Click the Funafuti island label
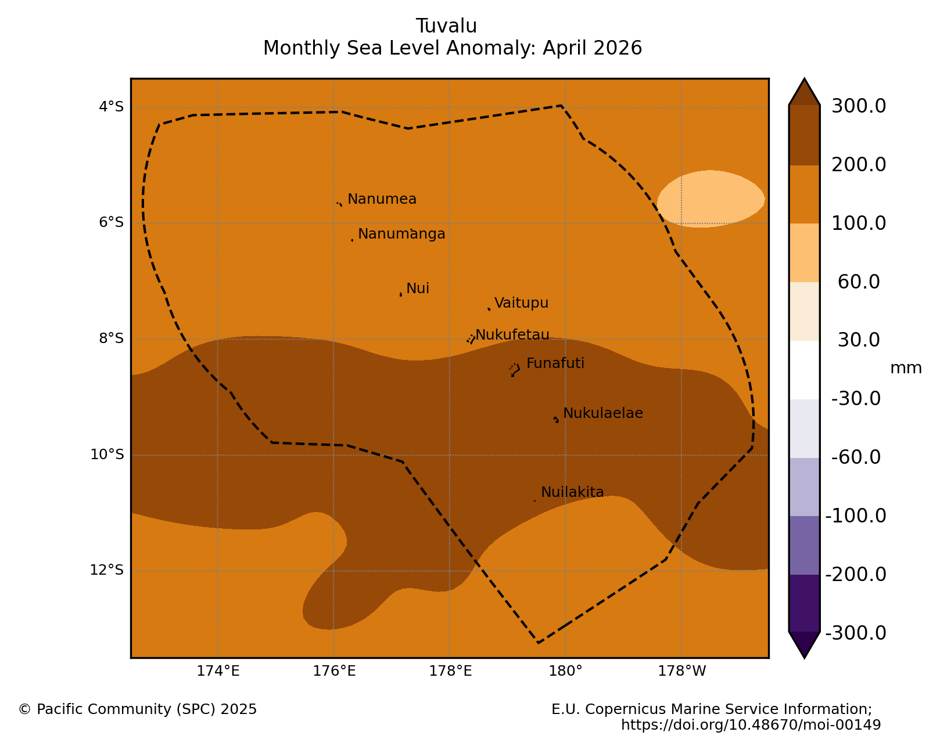[555, 363]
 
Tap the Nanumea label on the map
[382, 199]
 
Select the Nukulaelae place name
[603, 413]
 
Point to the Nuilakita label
[572, 492]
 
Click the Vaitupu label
[521, 302]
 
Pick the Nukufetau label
[512, 335]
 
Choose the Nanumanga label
[401, 234]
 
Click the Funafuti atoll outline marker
[514, 370]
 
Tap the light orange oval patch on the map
[711, 199]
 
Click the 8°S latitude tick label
[112, 338]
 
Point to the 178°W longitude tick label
[682, 671]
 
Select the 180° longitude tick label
[565, 671]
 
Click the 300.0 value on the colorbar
[858, 106]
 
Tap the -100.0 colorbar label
[855, 516]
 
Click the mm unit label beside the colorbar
[906, 368]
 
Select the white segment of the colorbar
[804, 370]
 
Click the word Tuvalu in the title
[446, 26]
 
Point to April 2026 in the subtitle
[592, 48]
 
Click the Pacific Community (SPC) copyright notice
[138, 709]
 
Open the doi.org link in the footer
[751, 725]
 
